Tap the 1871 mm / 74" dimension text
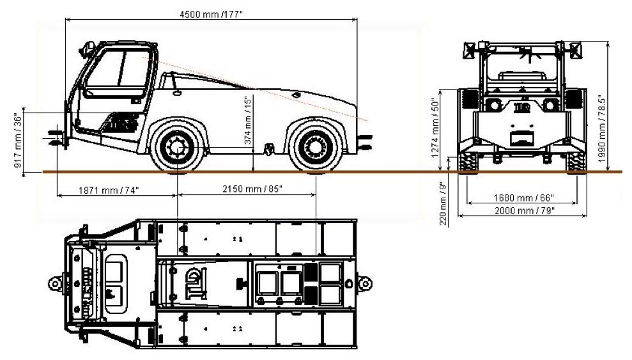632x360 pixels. coord(109,190)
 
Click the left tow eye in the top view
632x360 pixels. coord(54,282)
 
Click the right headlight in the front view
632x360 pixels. coord(549,104)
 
